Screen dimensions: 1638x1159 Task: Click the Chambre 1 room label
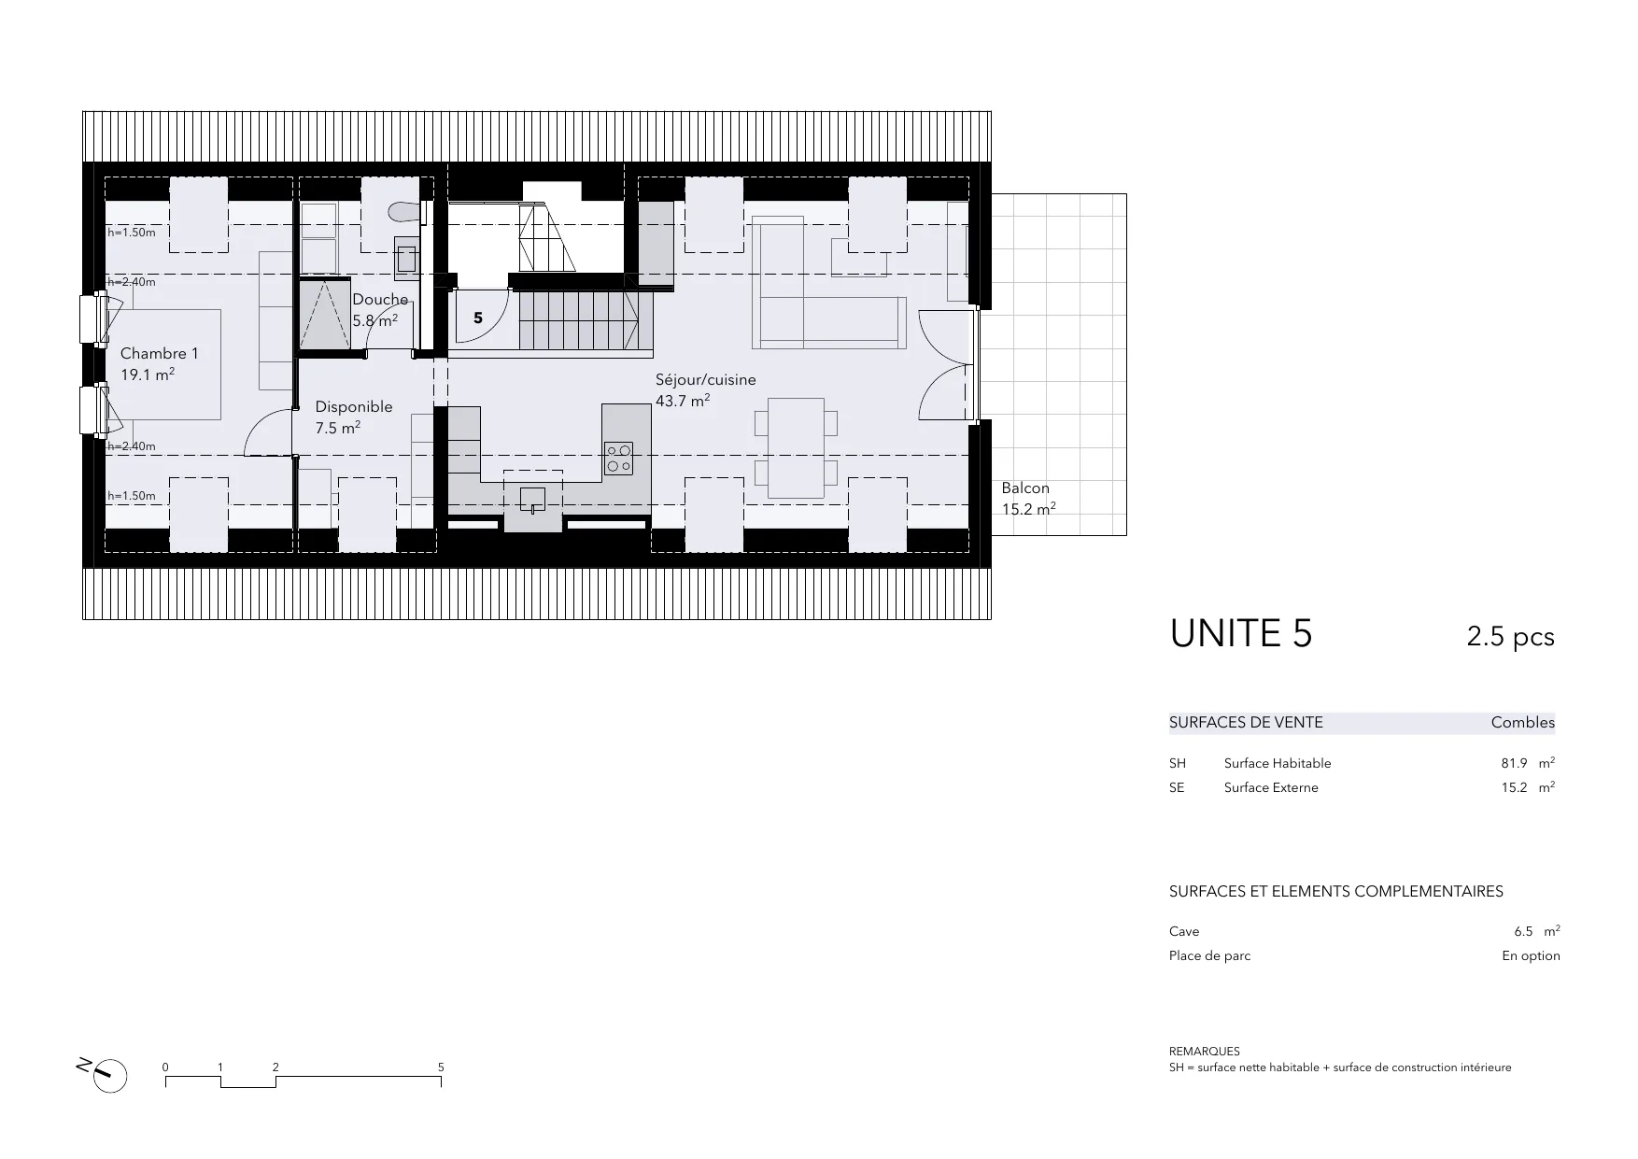pos(160,354)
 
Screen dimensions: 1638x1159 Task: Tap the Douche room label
pos(380,300)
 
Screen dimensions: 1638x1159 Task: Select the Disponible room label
pos(354,407)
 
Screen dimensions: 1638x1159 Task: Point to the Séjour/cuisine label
pos(706,380)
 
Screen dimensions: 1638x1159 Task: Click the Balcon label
pos(1025,488)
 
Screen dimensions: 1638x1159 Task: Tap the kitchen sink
pos(532,501)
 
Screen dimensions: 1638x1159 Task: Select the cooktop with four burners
pos(618,458)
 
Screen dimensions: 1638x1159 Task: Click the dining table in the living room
pos(796,447)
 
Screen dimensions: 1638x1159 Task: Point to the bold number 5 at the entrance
pos(478,318)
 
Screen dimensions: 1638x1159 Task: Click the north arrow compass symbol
pos(110,1075)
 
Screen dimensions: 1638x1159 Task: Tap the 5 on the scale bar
pos(441,1067)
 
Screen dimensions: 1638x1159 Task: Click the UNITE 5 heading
pos(1241,634)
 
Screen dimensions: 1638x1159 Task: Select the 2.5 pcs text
pos(1510,637)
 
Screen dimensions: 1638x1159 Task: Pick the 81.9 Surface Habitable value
pos(1514,763)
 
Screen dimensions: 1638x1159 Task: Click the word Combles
pos(1523,722)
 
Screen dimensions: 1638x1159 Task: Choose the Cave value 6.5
pos(1523,931)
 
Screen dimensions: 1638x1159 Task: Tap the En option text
pos(1531,955)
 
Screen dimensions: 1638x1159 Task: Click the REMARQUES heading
pos(1205,1052)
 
